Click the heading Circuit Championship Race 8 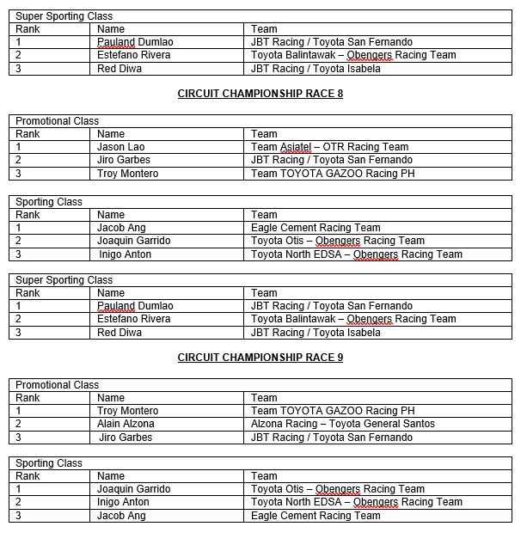[260, 94]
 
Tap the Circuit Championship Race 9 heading [260, 358]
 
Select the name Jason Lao [121, 147]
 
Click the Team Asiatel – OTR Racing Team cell [329, 147]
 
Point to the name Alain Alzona [126, 424]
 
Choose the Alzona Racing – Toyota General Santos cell [342, 424]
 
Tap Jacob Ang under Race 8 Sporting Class [121, 228]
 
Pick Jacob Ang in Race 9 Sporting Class [121, 516]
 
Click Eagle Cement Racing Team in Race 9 [316, 516]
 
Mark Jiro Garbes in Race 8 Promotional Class [124, 160]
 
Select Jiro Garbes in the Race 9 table [126, 438]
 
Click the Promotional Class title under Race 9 [57, 385]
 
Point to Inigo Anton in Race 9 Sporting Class [123, 502]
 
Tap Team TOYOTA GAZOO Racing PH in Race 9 [333, 411]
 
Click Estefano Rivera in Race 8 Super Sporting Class [134, 319]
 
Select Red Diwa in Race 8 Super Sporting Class [119, 333]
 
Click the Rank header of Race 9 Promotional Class [28, 398]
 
